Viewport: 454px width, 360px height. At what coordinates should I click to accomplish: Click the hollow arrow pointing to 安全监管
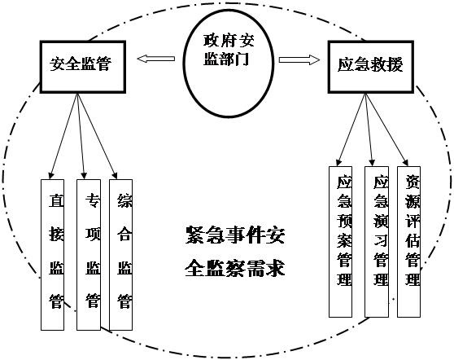click(x=155, y=59)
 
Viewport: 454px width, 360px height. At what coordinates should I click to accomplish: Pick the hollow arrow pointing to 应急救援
click(x=299, y=59)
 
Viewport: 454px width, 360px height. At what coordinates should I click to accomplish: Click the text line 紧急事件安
click(x=235, y=235)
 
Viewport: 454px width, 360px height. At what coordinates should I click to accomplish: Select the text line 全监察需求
click(x=235, y=268)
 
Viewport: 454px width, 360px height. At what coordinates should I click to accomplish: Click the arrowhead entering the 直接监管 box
click(x=51, y=176)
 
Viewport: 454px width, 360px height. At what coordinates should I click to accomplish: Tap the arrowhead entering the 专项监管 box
click(x=84, y=176)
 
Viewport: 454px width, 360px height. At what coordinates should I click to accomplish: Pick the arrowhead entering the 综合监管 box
click(x=115, y=176)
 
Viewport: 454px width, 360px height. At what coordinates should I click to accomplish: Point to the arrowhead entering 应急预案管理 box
click(x=338, y=163)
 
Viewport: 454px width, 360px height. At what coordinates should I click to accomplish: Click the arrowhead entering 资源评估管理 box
click(x=405, y=162)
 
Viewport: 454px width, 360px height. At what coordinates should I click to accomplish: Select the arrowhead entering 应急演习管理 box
click(x=373, y=163)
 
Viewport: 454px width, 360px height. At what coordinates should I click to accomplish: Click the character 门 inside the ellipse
click(x=242, y=59)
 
